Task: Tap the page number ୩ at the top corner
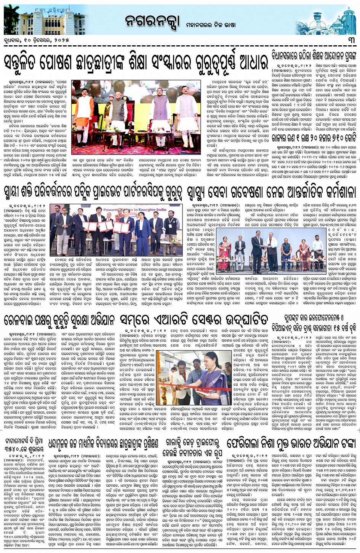tap(350, 40)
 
